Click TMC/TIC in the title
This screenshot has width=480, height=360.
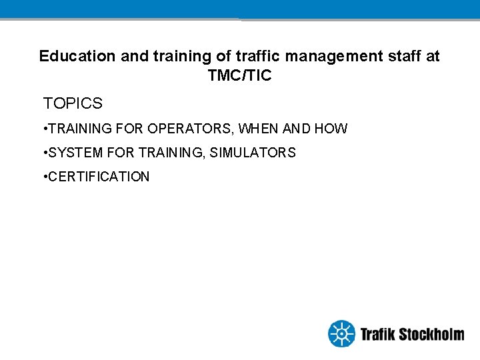(240, 76)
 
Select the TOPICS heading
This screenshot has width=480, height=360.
(73, 104)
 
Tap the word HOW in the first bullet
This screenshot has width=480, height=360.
(331, 129)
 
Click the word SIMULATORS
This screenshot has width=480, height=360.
(253, 153)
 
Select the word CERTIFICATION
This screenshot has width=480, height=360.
(99, 177)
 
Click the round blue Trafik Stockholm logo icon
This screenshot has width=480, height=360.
(342, 333)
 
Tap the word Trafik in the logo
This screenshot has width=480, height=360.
(377, 334)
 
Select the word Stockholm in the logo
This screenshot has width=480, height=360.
(431, 334)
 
